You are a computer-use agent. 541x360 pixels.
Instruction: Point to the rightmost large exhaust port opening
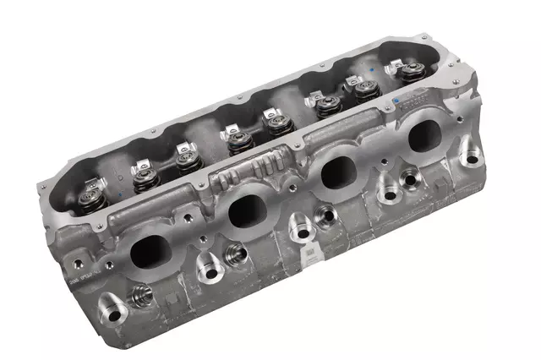[x=426, y=132]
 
